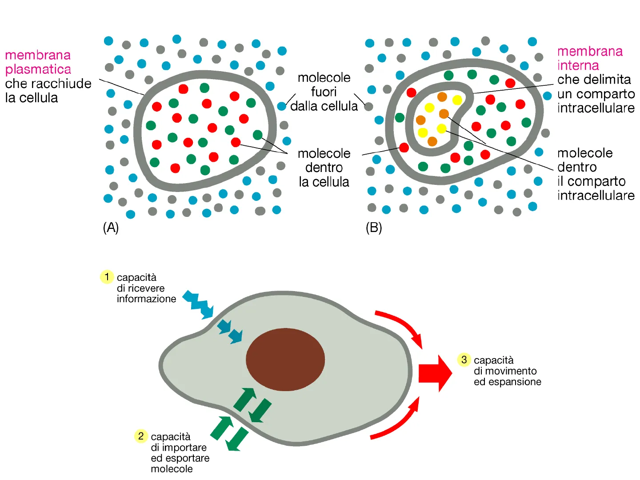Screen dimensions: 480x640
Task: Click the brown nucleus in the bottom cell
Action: click(285, 360)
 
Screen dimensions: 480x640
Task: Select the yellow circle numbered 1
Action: click(107, 277)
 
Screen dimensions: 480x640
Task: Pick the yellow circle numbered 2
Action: click(141, 436)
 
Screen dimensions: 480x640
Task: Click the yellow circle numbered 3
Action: click(464, 360)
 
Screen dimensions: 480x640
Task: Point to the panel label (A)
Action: click(111, 228)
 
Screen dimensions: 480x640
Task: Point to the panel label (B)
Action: click(374, 228)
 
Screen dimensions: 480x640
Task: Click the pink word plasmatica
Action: click(38, 69)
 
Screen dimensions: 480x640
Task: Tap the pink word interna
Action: click(578, 65)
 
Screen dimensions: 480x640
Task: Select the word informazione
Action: click(146, 299)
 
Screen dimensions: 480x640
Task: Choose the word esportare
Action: click(187, 458)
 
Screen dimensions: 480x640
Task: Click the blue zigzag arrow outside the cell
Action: click(198, 304)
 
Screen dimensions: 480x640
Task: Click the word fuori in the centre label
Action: click(324, 92)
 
